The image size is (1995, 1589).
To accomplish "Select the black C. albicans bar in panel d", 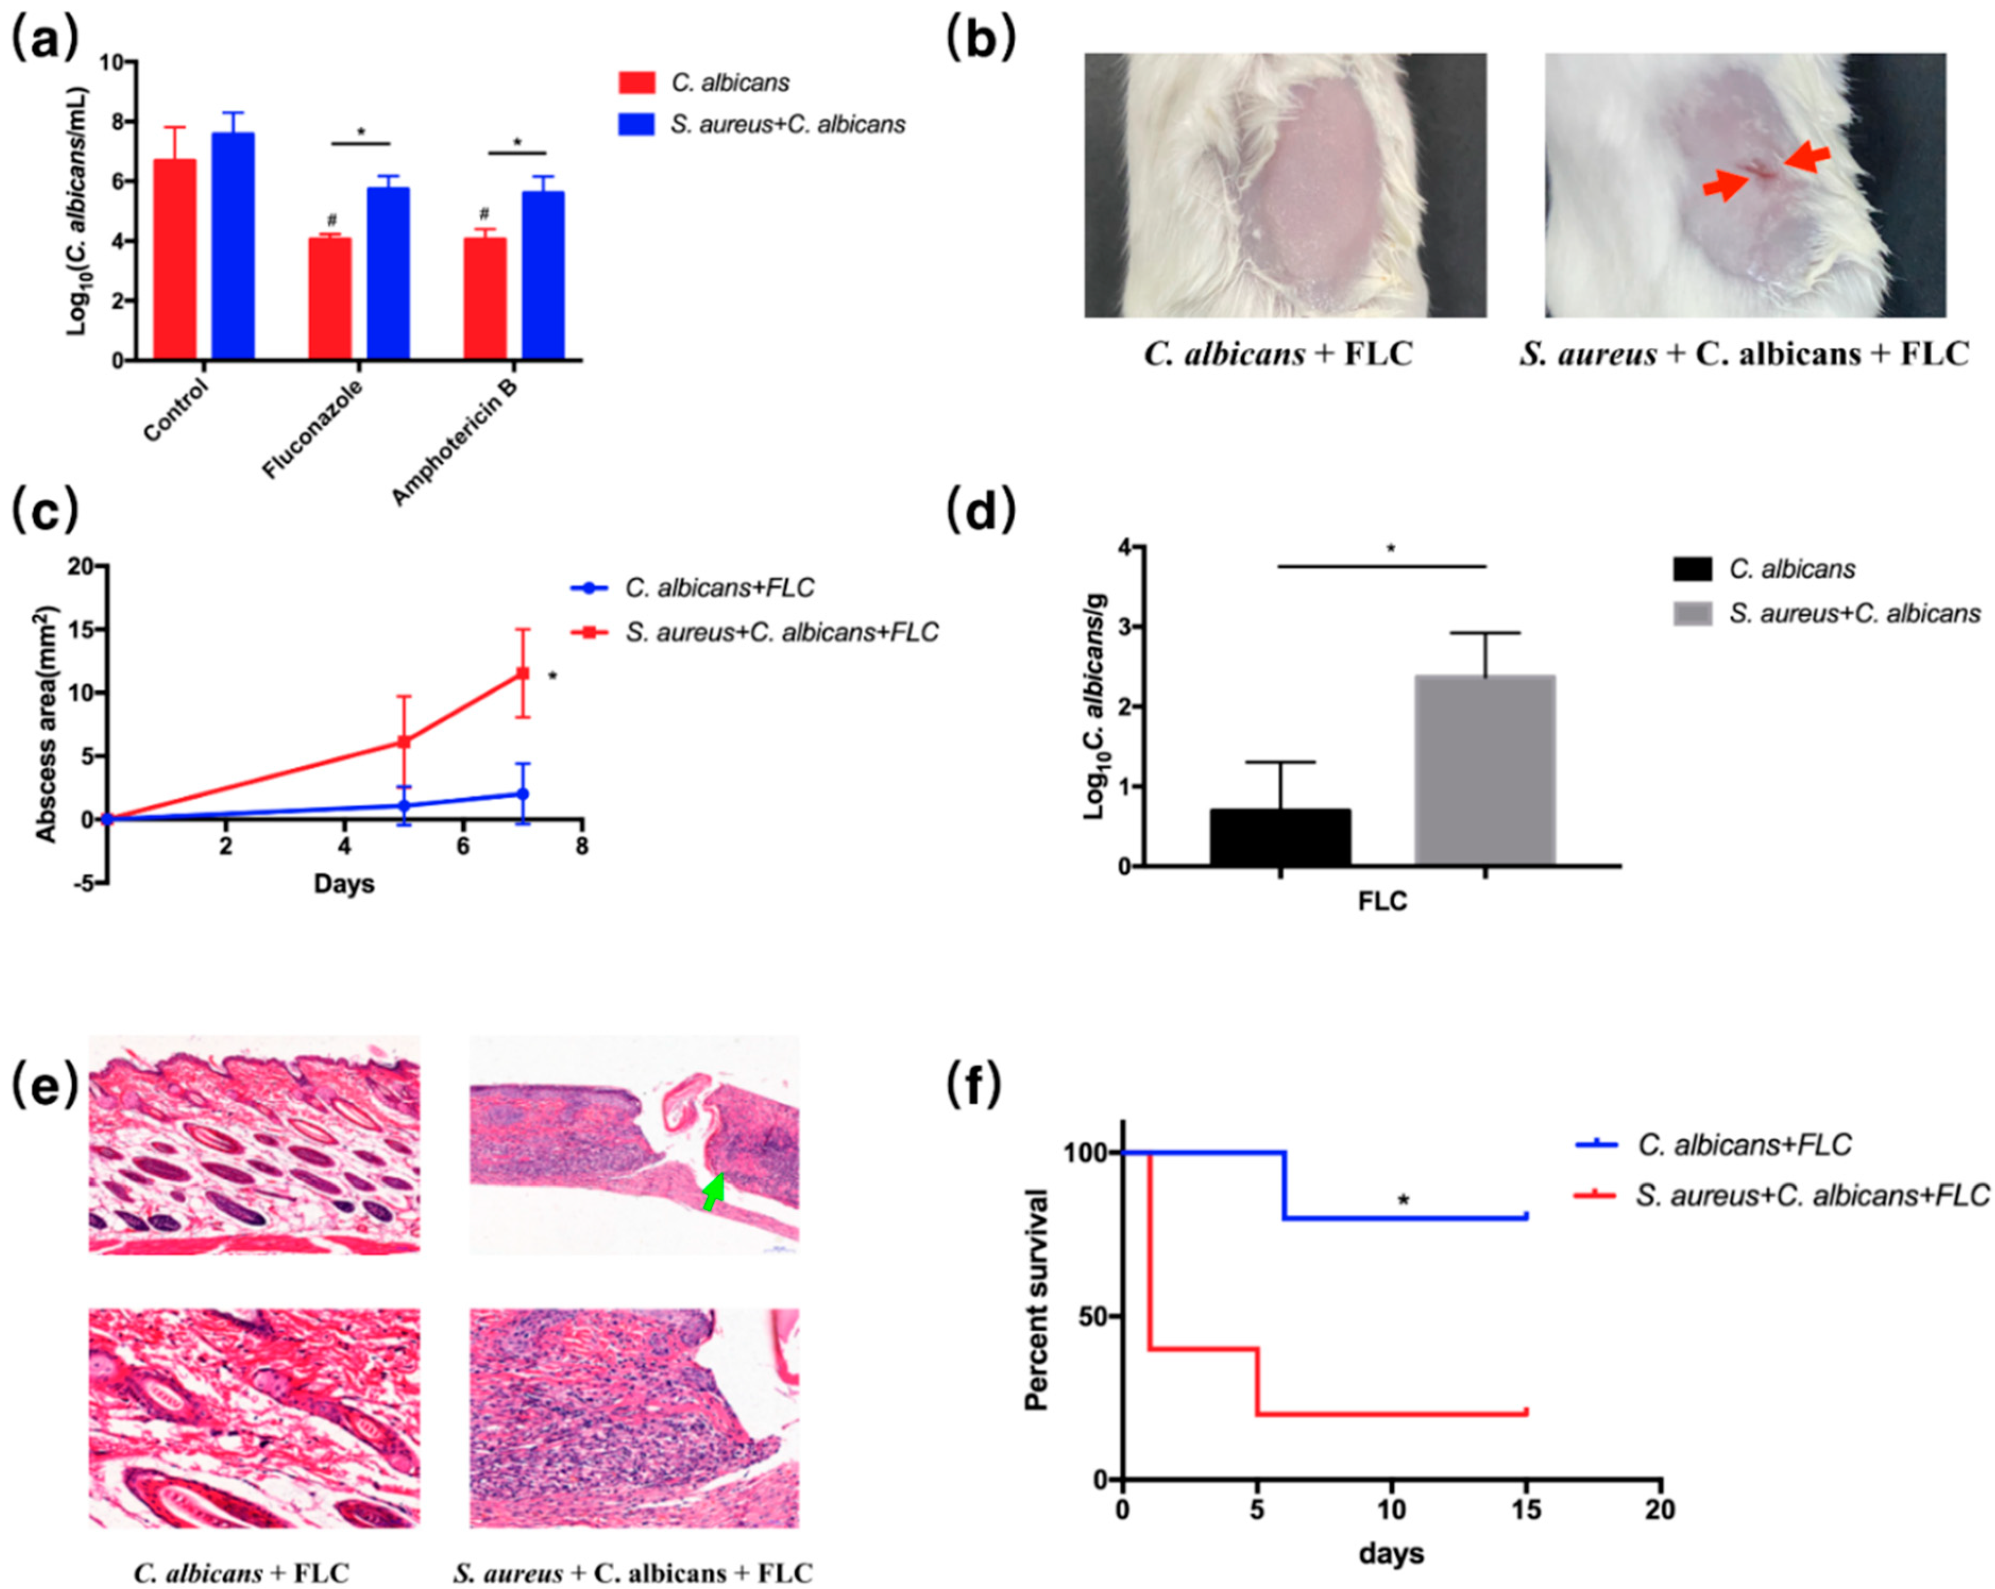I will (1280, 838).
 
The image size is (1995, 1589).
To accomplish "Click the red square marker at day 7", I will (523, 674).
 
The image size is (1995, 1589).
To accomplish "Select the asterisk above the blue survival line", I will (1404, 1201).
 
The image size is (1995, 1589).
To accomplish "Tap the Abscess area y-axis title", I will (46, 725).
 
